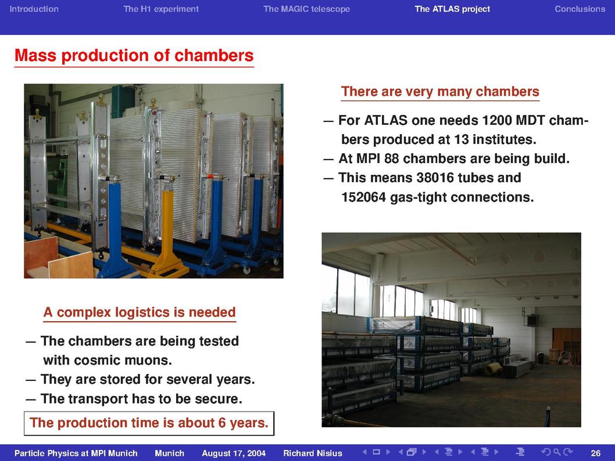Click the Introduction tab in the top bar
point(34,9)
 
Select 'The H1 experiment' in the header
point(161,9)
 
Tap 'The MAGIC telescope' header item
point(306,9)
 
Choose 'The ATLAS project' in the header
point(452,9)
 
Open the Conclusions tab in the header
point(580,9)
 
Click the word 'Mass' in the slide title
point(35,55)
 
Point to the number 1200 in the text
point(496,120)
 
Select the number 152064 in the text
point(363,197)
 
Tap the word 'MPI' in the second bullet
point(369,159)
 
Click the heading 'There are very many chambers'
point(440,92)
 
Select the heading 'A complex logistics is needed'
point(140,312)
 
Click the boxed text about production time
point(149,423)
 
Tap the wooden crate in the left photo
point(59,259)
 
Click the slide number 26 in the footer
point(595,453)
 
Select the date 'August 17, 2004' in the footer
point(234,453)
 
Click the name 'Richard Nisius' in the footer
point(313,453)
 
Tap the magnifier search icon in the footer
point(556,452)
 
